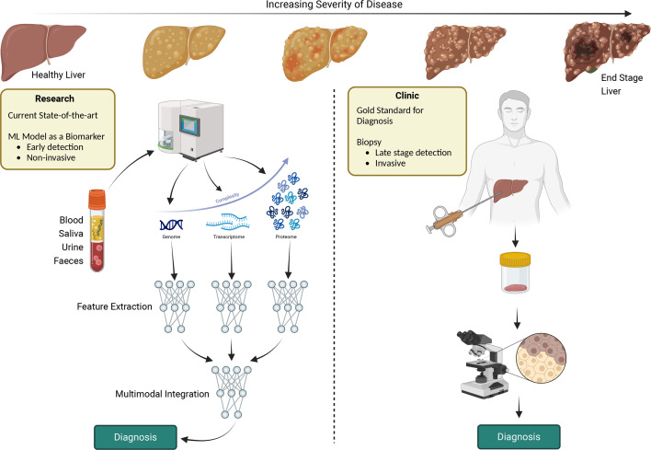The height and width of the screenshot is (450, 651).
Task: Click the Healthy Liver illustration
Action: [34, 42]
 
